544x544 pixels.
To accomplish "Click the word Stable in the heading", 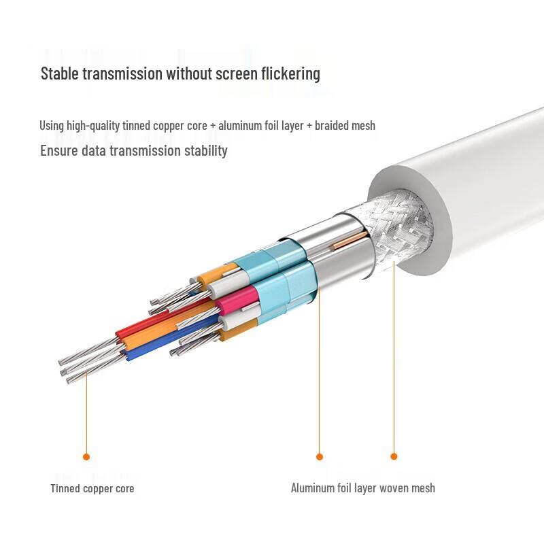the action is click(x=60, y=73).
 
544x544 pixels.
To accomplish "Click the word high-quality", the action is click(x=93, y=125).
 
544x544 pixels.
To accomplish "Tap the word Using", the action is click(x=52, y=125).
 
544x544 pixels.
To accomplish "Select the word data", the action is click(x=93, y=150).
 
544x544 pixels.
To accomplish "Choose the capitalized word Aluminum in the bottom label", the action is click(x=313, y=488).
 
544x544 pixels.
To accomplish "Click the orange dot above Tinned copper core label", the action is click(x=86, y=456).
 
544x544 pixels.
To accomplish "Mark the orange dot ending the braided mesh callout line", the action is click(x=394, y=456).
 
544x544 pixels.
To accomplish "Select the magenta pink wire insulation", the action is click(x=237, y=298).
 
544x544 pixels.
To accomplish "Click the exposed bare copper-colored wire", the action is click(x=350, y=241).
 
